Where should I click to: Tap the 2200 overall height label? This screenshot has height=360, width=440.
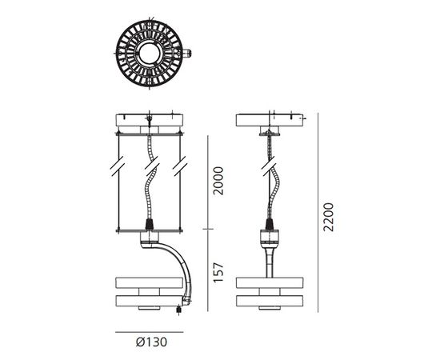329,215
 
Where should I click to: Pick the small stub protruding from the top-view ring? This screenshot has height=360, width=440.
189,55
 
